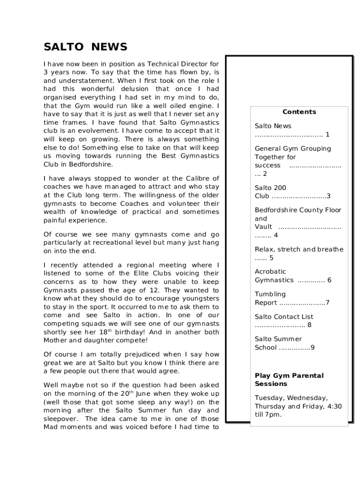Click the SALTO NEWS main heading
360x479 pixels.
pyautogui.click(x=86, y=47)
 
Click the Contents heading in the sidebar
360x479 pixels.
pyautogui.click(x=299, y=112)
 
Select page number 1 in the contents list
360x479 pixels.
pyautogui.click(x=328, y=135)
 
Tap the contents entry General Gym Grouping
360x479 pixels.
pyautogui.click(x=293, y=149)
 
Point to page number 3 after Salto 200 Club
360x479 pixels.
pyautogui.click(x=329, y=196)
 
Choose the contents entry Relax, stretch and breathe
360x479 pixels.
pyautogui.click(x=299, y=249)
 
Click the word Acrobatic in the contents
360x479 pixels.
pyautogui.click(x=270, y=272)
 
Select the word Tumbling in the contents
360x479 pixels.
pyautogui.click(x=270, y=294)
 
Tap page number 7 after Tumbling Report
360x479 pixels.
pyautogui.click(x=328, y=303)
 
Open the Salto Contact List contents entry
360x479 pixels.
pyautogui.click(x=284, y=317)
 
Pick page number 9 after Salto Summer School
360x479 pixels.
pyautogui.click(x=312, y=348)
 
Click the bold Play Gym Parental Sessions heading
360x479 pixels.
pyautogui.click(x=289, y=380)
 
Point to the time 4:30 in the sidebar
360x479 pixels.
pyautogui.click(x=334, y=406)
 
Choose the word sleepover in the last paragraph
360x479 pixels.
pyautogui.click(x=61, y=419)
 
